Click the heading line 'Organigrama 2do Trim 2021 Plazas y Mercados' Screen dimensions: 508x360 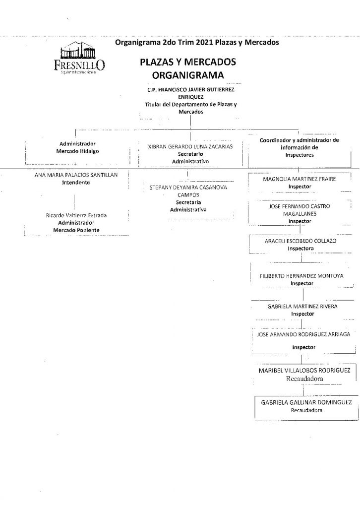coord(196,43)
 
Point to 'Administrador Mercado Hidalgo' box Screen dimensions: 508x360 coord(74,147)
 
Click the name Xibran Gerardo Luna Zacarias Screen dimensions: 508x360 coord(190,147)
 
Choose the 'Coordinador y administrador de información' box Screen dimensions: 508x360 coord(299,147)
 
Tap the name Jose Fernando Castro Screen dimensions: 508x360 coord(301,205)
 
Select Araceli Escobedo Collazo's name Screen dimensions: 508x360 coord(301,240)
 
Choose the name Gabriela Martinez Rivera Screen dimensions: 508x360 coord(302,307)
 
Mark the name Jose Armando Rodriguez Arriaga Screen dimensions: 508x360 coord(303,334)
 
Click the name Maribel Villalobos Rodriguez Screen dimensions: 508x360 coord(304,370)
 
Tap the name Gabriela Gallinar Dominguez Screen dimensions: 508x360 coord(306,403)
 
